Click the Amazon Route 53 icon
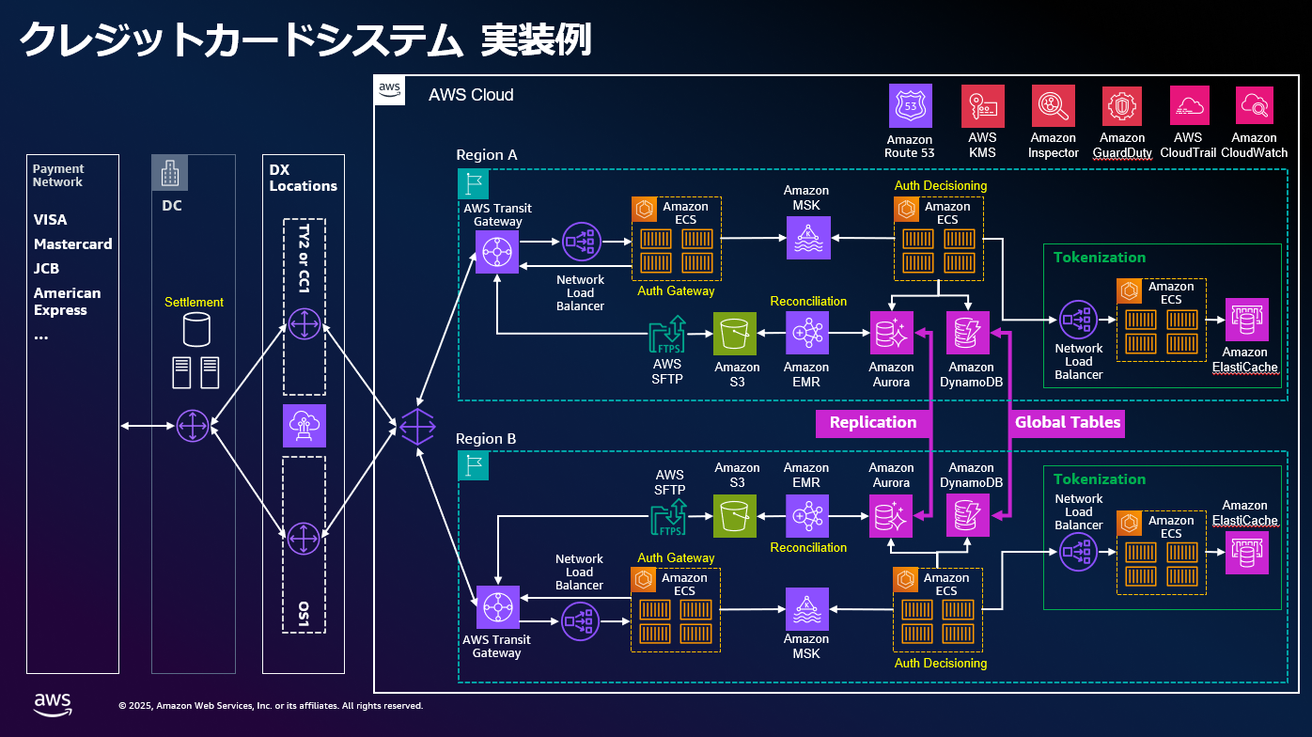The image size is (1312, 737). [x=910, y=106]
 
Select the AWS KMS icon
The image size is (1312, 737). [x=982, y=106]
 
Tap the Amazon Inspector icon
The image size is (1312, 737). [x=1053, y=106]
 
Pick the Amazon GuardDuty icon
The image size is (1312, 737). [x=1122, y=106]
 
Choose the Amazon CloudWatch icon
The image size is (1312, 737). [x=1254, y=106]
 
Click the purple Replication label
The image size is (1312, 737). [x=872, y=422]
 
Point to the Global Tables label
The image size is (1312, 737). [x=1067, y=422]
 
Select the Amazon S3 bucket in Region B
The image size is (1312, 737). [x=736, y=516]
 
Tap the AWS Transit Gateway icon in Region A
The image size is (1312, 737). [x=497, y=251]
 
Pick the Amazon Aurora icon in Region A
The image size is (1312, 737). [x=891, y=333]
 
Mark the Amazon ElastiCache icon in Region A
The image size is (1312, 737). [x=1245, y=320]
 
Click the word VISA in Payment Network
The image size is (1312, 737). [x=51, y=220]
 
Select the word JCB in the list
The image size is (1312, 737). [x=47, y=268]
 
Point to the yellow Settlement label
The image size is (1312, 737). [x=194, y=303]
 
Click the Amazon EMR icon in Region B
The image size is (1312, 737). [x=806, y=516]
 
